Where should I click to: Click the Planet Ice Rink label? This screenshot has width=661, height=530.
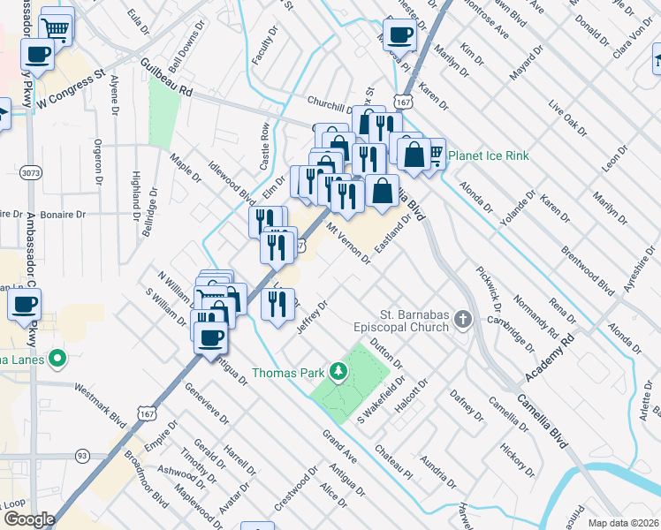pyautogui.click(x=488, y=156)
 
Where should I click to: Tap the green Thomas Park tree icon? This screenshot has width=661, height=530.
pyautogui.click(x=337, y=372)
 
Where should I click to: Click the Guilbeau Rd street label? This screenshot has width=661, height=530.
pyautogui.click(x=166, y=77)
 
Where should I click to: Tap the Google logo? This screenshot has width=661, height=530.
pyautogui.click(x=28, y=519)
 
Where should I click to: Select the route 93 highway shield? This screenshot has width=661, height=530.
pyautogui.click(x=81, y=456)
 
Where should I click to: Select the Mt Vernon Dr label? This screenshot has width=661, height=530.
pyautogui.click(x=349, y=243)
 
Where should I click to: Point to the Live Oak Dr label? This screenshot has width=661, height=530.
pyautogui.click(x=567, y=119)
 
